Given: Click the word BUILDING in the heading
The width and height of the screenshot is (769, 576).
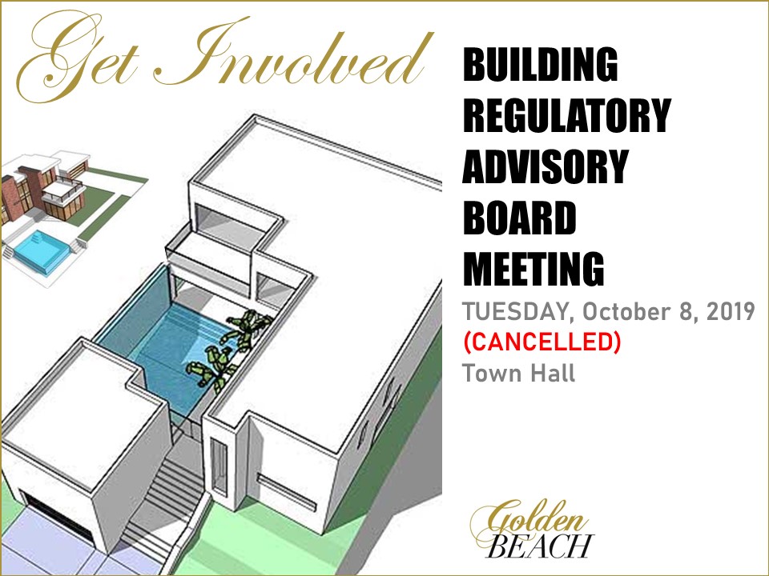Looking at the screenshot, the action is point(540,64).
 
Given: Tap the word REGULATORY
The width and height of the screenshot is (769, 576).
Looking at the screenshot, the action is point(566,115).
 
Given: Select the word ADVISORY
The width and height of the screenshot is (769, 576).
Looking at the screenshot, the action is point(546,166).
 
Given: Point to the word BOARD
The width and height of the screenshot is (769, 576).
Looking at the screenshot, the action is point(519,218).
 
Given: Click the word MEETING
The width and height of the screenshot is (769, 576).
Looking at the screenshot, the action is point(533,269).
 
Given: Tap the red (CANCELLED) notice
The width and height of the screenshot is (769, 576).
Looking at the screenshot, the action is point(542,342).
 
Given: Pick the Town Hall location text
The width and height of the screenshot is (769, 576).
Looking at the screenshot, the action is point(518,374).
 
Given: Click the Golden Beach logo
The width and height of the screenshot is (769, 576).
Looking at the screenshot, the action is point(532,530).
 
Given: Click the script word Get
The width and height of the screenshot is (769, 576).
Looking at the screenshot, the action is point(78,58).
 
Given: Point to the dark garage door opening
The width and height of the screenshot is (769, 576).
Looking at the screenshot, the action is point(58,518).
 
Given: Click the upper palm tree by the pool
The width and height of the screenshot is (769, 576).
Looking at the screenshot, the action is point(249,327).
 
